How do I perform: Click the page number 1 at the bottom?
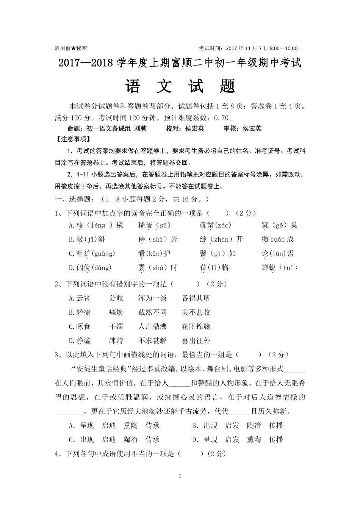180,476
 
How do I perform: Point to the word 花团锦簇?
196,326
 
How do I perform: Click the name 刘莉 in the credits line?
141,128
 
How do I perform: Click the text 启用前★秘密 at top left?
70,48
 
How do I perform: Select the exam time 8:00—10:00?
283,48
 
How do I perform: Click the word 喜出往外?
196,341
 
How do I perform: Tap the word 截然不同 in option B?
152,312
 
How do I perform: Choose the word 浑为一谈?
152,298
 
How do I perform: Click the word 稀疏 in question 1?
146,225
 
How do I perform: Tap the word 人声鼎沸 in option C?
152,326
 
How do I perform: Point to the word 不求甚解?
152,341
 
